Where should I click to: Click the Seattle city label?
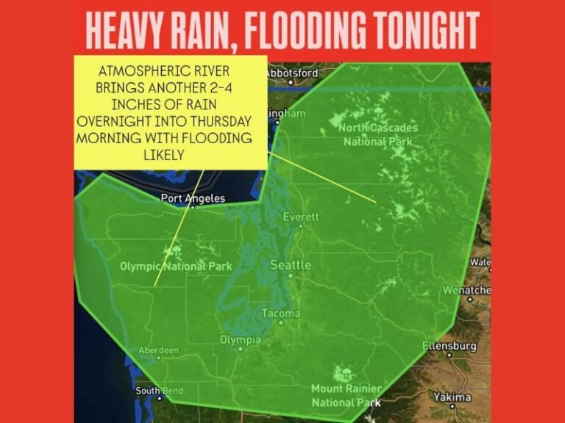tap(291, 264)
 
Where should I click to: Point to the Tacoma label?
tap(281, 314)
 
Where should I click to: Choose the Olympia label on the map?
tap(241, 340)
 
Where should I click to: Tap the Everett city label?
tap(302, 217)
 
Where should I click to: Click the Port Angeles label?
tap(193, 198)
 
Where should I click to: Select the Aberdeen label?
tap(157, 351)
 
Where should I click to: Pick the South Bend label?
tap(159, 391)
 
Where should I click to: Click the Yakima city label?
tap(452, 397)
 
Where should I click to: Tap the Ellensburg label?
tap(449, 346)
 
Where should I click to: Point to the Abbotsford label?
tap(291, 73)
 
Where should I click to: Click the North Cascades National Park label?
tap(377, 134)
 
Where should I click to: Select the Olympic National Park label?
tap(176, 267)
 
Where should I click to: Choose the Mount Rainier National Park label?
tap(346, 395)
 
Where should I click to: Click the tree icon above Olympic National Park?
tap(176, 252)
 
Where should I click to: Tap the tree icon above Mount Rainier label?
tap(340, 372)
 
